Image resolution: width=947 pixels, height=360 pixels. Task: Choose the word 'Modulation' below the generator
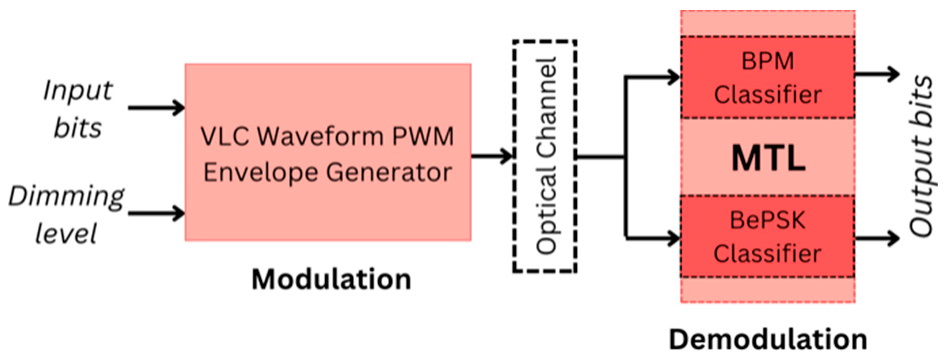click(x=330, y=279)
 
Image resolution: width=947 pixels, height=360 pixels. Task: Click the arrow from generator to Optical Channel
click(x=490, y=156)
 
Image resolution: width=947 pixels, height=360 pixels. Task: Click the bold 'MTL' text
click(x=767, y=157)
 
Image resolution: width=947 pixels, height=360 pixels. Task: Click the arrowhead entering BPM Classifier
click(x=672, y=75)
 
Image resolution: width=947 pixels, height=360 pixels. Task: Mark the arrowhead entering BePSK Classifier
click(x=672, y=238)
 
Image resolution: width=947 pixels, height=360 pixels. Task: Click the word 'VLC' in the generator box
click(x=228, y=134)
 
